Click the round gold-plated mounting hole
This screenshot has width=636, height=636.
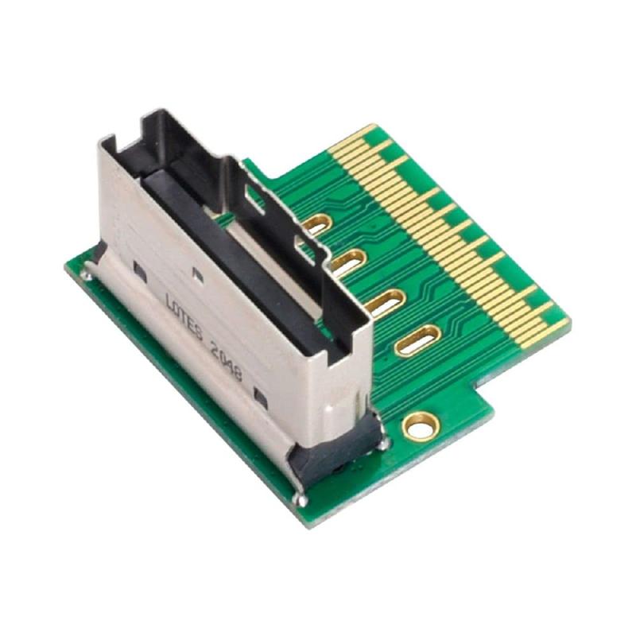tap(421, 426)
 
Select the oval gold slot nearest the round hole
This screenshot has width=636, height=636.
tap(417, 340)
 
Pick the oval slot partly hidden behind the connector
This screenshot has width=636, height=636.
tap(316, 224)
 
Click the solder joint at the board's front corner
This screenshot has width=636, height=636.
tap(300, 499)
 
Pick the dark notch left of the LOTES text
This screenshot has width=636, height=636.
tap(141, 272)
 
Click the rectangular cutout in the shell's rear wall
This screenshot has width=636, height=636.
tap(254, 196)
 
